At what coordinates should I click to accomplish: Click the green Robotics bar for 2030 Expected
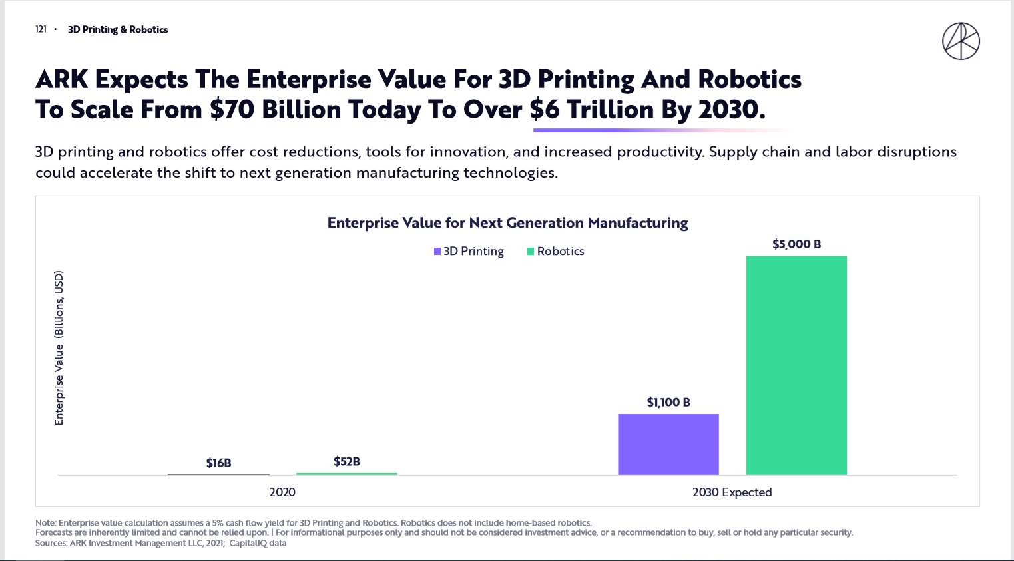click(x=796, y=365)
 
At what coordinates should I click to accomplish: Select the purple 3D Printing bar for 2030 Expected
click(x=668, y=444)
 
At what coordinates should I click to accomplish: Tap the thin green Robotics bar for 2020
click(x=346, y=474)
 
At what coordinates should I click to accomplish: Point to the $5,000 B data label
click(x=796, y=244)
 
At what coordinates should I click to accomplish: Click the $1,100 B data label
click(x=668, y=403)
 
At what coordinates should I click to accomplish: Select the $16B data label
click(x=218, y=463)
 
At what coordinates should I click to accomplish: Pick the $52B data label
click(x=347, y=461)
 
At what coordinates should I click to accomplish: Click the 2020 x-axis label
click(x=282, y=492)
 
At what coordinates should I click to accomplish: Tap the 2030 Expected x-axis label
click(x=732, y=492)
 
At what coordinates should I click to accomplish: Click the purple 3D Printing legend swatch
click(x=437, y=252)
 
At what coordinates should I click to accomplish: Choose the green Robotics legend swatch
click(x=531, y=252)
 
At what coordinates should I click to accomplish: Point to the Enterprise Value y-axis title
click(x=59, y=347)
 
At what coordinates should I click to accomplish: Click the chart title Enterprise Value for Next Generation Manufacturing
click(x=507, y=223)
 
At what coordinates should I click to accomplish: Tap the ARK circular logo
click(x=961, y=41)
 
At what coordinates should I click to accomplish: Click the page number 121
click(x=41, y=29)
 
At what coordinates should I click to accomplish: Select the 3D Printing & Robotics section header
click(x=118, y=29)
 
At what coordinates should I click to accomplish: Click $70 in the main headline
click(x=232, y=110)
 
